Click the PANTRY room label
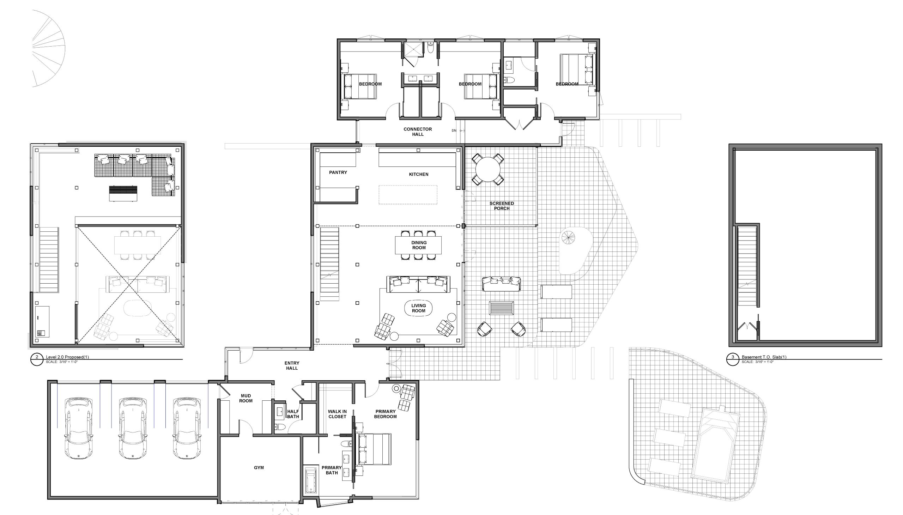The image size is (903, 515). (x=338, y=172)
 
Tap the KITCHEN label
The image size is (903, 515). (x=418, y=174)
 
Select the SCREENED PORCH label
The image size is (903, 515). (x=502, y=206)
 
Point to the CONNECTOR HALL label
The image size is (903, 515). (x=418, y=132)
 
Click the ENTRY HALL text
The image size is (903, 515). (x=292, y=365)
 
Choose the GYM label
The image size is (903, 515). (x=259, y=468)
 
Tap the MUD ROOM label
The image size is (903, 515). (x=246, y=398)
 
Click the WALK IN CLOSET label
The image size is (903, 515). (x=337, y=414)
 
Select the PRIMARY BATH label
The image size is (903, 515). (x=332, y=470)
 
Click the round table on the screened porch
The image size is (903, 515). (x=487, y=169)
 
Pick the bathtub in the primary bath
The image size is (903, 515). (x=310, y=480)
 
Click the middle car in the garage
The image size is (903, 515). (x=133, y=429)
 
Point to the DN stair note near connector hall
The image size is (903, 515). (x=454, y=131)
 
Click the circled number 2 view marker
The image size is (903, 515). (x=37, y=359)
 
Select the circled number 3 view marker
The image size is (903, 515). (x=733, y=359)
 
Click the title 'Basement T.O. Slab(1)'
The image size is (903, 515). (x=764, y=357)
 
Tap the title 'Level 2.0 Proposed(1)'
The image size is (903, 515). (x=67, y=357)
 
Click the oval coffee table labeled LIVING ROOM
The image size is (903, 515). (x=418, y=308)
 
